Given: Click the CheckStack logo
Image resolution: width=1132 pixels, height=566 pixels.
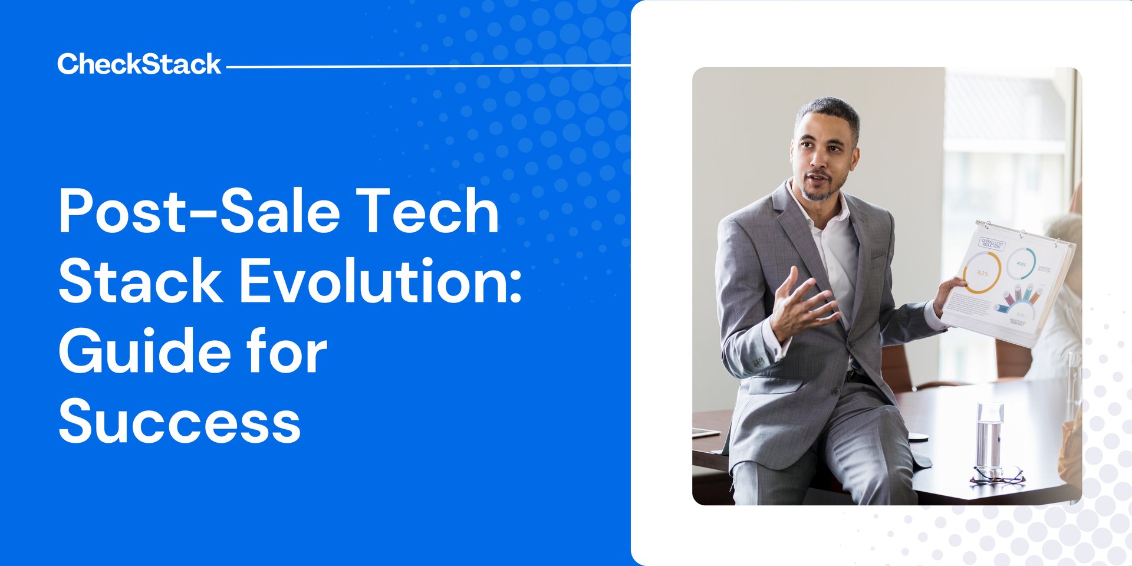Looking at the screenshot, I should coord(139,64).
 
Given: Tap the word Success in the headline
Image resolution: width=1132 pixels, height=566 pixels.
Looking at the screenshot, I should coord(179,421).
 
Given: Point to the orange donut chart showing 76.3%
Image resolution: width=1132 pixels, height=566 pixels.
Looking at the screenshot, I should coord(982,272).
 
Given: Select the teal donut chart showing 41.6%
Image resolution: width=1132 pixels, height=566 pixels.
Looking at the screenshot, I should coord(1021,264).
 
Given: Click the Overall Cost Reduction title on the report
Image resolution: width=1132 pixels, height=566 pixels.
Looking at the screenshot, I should coord(992,243).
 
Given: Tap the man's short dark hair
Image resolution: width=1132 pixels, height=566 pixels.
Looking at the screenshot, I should coord(828,112).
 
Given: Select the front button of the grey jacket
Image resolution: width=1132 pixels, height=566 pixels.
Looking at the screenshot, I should coord(836,391).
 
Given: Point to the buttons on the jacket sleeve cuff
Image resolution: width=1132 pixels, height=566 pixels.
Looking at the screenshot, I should coord(758,361).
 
